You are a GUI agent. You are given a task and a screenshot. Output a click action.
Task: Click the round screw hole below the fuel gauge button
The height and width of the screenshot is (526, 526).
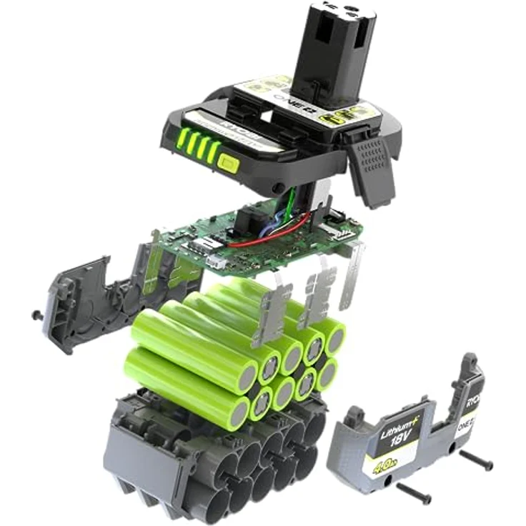point(274,188)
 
